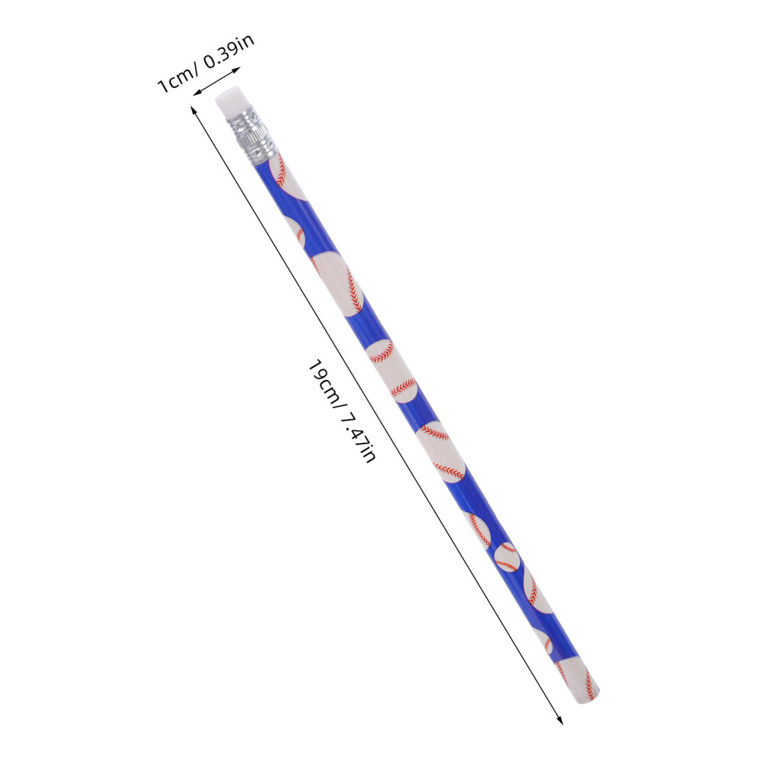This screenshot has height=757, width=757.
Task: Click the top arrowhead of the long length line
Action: tap(193, 111)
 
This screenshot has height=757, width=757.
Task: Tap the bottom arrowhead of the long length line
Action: tap(560, 720)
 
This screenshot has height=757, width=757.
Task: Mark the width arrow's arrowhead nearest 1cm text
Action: tap(197, 93)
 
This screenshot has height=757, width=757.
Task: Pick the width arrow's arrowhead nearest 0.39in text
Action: tap(236, 70)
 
